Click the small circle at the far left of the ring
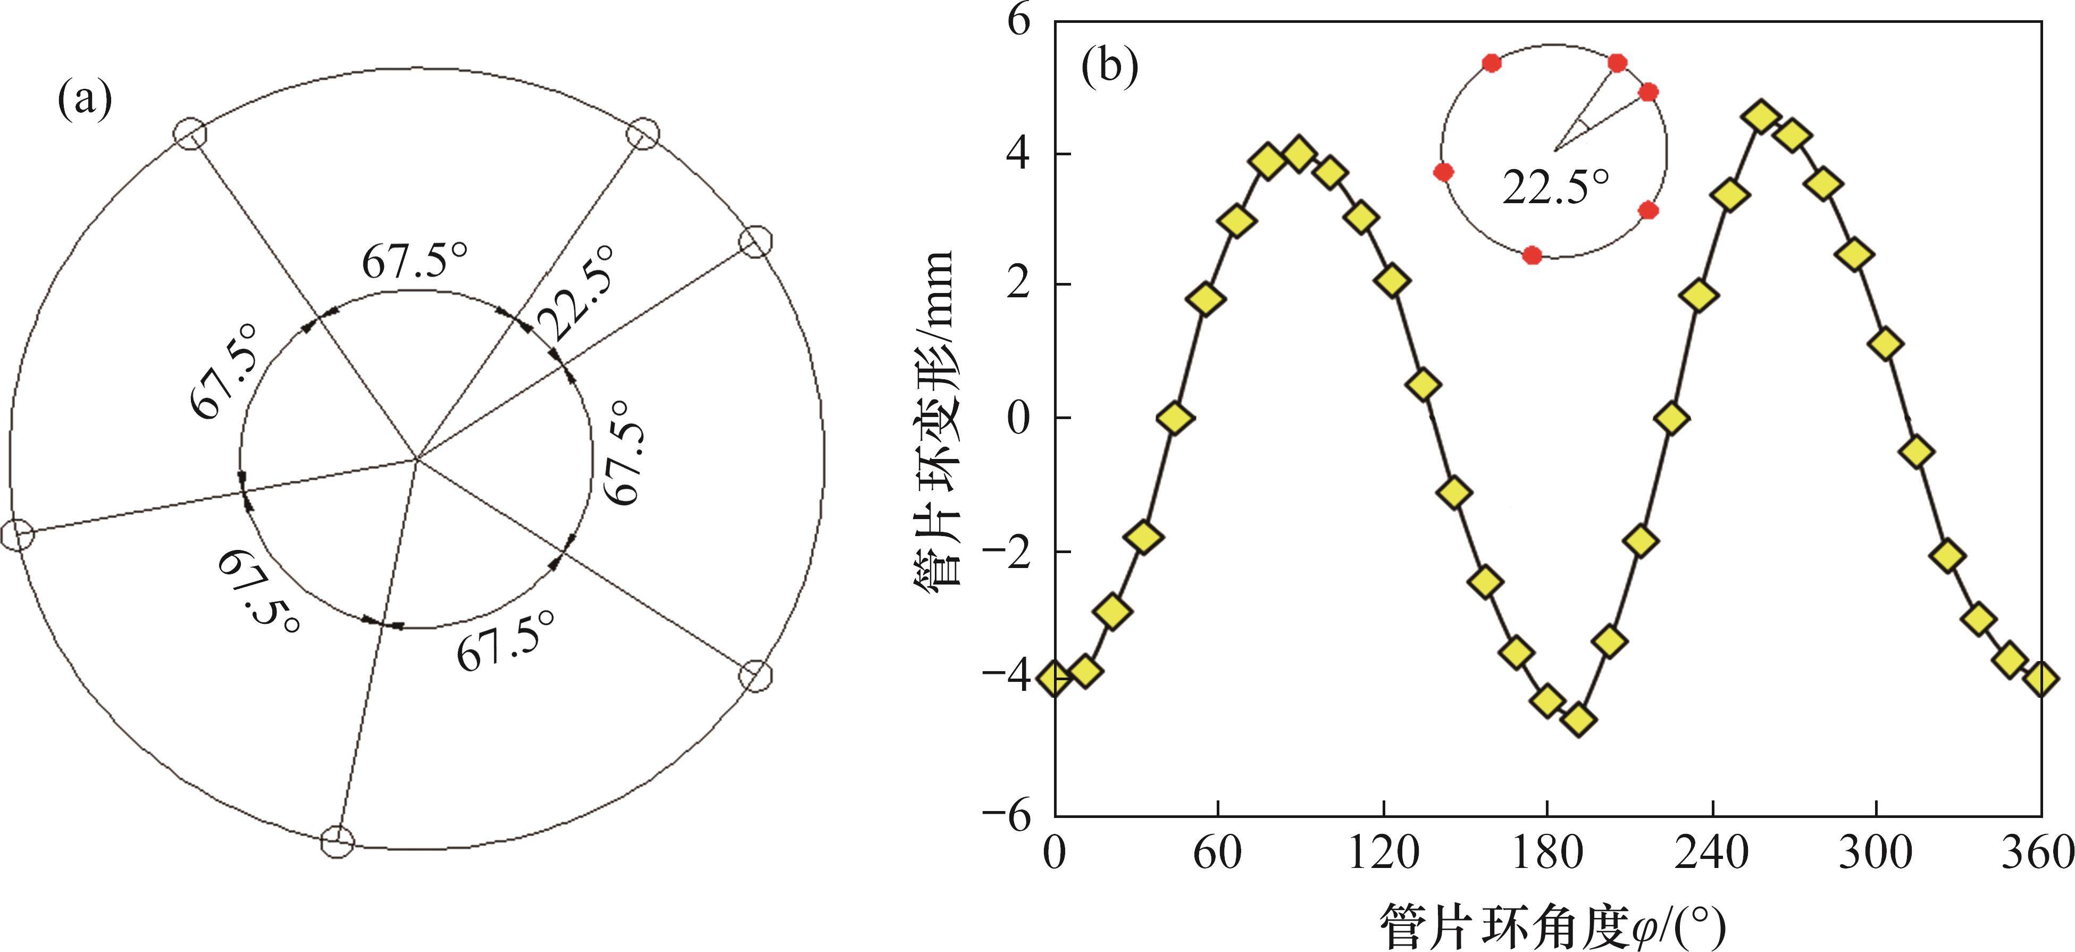pyautogui.click(x=17, y=534)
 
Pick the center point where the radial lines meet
pyautogui.click(x=416, y=460)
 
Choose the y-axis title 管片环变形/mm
pyautogui.click(x=934, y=419)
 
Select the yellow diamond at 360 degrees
pyautogui.click(x=2041, y=679)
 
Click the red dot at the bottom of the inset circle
pyautogui.click(x=1532, y=255)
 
